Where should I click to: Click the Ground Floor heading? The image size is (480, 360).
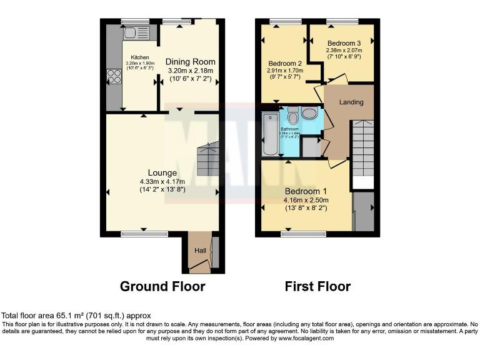(x=162, y=287)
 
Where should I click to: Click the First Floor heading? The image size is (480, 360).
(x=317, y=287)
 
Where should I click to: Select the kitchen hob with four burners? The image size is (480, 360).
(x=115, y=76)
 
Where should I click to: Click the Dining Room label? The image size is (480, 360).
(x=190, y=62)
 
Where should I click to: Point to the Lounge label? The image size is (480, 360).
(x=162, y=173)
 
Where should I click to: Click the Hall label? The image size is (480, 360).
(x=200, y=251)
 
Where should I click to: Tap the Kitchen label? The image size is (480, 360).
(x=140, y=57)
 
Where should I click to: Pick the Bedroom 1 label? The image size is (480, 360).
(x=306, y=191)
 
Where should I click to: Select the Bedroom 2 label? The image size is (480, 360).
(x=285, y=63)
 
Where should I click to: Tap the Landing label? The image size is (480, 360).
(x=351, y=102)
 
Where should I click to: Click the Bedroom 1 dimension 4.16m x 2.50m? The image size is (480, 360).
(x=306, y=200)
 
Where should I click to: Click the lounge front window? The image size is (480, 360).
(x=144, y=234)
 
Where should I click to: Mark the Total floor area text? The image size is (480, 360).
(x=76, y=316)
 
